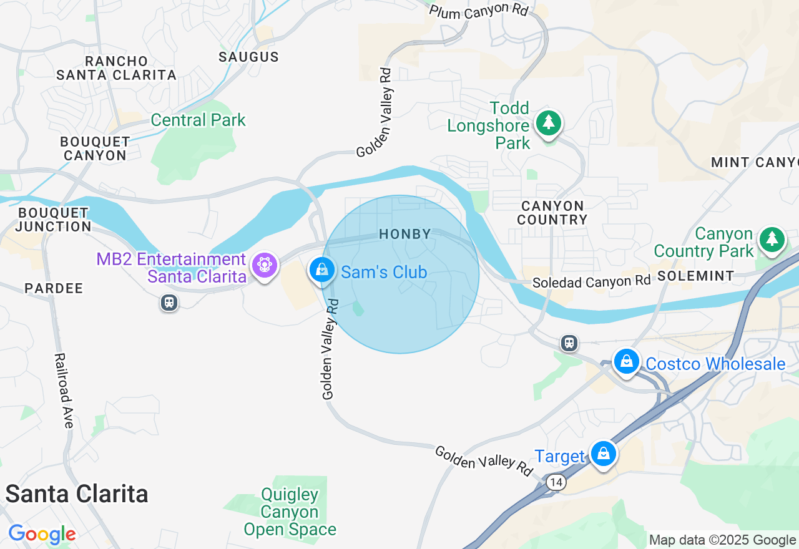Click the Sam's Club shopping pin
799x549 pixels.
coord(321,270)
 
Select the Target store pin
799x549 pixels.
coord(604,454)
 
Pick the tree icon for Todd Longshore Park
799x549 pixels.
coord(549,122)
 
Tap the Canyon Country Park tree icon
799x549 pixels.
coord(772,239)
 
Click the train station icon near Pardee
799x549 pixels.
coord(169,303)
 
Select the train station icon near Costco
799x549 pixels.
coord(569,343)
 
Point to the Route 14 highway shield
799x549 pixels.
coord(556,482)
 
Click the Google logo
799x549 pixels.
coord(42,534)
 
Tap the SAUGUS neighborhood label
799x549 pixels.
coord(248,57)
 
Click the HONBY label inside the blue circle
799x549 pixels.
coord(405,235)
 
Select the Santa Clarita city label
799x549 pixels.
coord(77,494)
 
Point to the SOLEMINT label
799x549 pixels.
coord(695,276)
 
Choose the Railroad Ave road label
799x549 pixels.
coord(64,391)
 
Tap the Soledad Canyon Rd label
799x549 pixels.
coord(591,282)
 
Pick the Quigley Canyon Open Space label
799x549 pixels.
coord(290,512)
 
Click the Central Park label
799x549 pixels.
coord(199,120)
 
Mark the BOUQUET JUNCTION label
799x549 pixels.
coord(54,220)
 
